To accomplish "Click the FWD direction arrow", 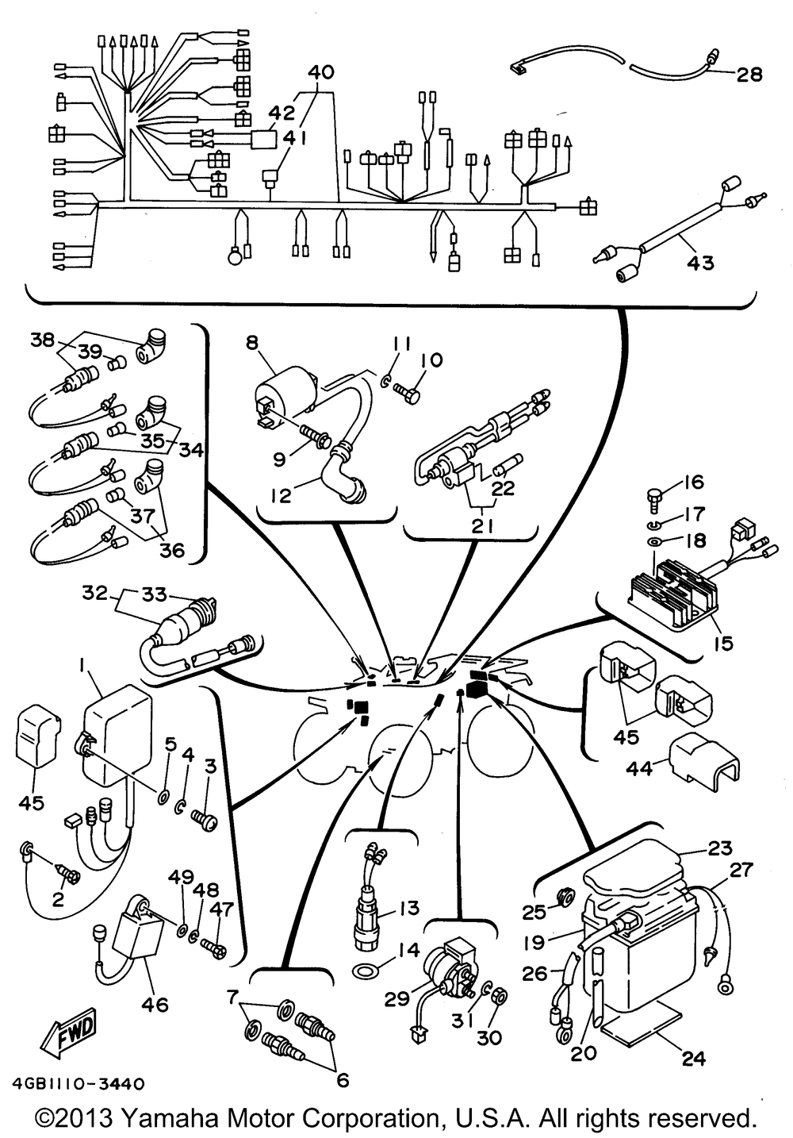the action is pos(68,1027).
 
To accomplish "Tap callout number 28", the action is pos(750,75).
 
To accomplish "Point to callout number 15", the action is pos(724,643).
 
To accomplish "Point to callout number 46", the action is pos(155,1004).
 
